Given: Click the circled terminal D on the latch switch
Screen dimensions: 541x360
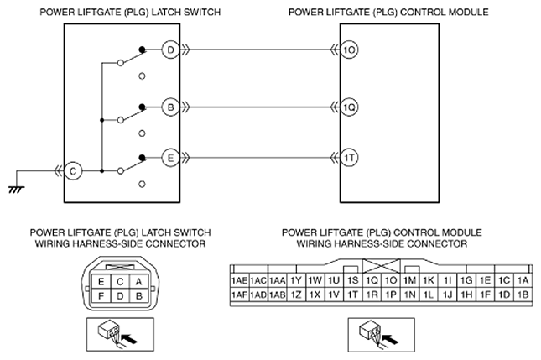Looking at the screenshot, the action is tap(170, 50).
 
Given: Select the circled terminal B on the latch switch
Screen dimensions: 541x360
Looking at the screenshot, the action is tap(170, 107).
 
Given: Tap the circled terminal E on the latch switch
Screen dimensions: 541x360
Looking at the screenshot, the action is tap(170, 158).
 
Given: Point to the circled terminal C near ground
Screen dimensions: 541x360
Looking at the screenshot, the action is tap(73, 171).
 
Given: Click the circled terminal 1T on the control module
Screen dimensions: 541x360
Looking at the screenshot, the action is tap(349, 158).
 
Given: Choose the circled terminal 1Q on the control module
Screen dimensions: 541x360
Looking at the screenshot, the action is tap(349, 107).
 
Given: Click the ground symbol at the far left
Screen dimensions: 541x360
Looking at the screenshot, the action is tap(17, 189).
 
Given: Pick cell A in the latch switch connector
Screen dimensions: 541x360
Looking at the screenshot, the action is tap(138, 282).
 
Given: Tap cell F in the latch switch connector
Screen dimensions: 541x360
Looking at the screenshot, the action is tap(101, 296).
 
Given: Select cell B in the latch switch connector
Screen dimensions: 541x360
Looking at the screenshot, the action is tap(138, 296).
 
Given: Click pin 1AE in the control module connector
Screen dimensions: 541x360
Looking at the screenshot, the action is tap(239, 280).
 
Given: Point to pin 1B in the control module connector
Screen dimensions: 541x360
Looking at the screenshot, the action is tap(523, 295).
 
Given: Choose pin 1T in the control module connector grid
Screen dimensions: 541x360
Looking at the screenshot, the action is tap(352, 295).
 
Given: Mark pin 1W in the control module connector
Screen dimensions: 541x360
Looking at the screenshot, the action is tap(315, 280).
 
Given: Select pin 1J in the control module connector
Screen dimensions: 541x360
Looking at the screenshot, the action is tap(447, 295).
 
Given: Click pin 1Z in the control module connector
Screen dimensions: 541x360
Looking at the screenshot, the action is tap(296, 295).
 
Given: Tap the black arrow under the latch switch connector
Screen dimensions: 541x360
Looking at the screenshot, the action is tap(130, 338).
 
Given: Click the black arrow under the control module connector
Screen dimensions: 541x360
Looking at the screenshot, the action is tap(391, 338).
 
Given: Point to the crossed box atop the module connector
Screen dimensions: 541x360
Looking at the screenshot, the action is tap(382, 266).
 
